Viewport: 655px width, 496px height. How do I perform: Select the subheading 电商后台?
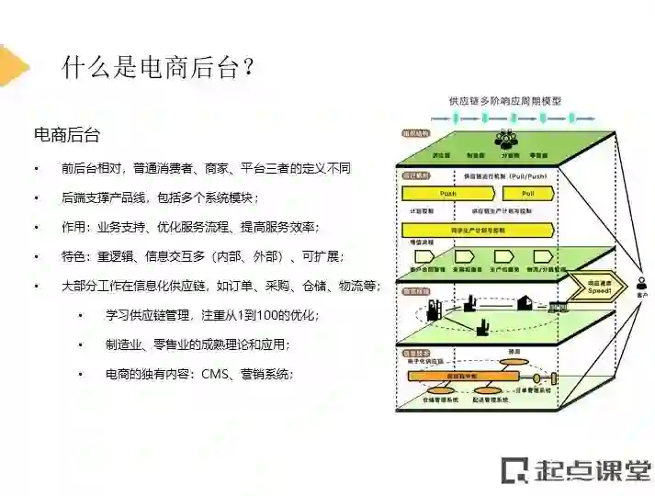pyautogui.click(x=66, y=134)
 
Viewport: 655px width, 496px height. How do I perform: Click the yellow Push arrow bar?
pyautogui.click(x=448, y=195)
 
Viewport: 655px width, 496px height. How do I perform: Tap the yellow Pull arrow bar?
pyautogui.click(x=527, y=195)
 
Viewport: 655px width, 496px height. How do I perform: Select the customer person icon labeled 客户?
pyautogui.click(x=642, y=284)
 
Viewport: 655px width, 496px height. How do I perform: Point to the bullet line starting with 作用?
pyautogui.click(x=190, y=227)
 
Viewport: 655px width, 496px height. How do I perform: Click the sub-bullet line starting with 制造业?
pyautogui.click(x=197, y=344)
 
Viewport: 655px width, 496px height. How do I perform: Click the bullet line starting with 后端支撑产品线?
pyautogui.click(x=160, y=197)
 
